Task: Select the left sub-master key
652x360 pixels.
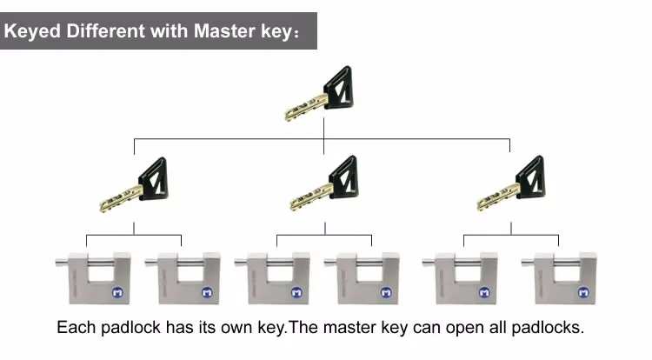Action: pyautogui.click(x=135, y=185)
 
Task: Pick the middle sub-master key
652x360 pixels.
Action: pyautogui.click(x=325, y=184)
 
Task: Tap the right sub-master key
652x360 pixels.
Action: pyautogui.click(x=512, y=184)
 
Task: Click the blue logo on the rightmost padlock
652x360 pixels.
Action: pyautogui.click(x=584, y=293)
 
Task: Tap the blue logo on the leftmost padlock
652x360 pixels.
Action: pyautogui.click(x=117, y=293)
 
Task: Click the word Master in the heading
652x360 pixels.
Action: pyautogui.click(x=224, y=31)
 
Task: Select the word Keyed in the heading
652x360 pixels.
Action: pyautogui.click(x=32, y=32)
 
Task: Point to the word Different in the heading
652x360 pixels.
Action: pyautogui.click(x=105, y=31)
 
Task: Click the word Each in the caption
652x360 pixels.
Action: pyautogui.click(x=77, y=328)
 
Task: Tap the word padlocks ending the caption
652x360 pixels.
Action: pyautogui.click(x=547, y=328)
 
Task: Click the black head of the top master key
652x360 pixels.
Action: pyautogui.click(x=338, y=88)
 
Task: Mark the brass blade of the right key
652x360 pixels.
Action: pyautogui.click(x=498, y=198)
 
